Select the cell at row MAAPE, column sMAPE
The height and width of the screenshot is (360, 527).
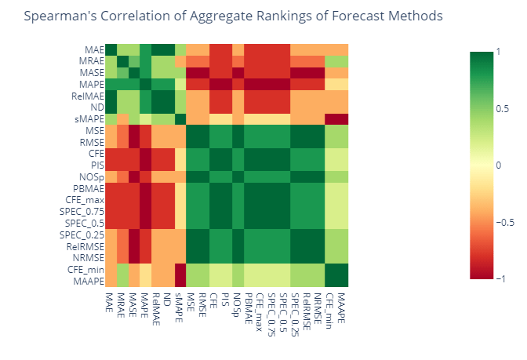[x=181, y=281]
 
